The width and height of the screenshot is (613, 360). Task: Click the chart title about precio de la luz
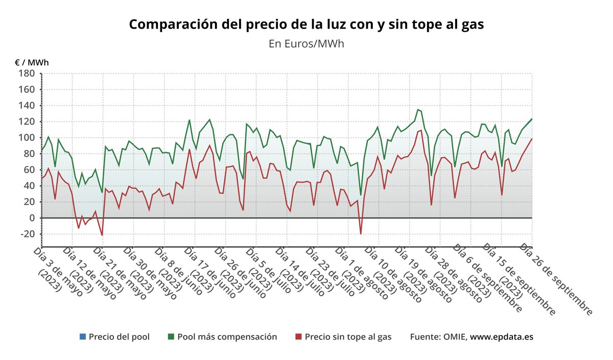click(306, 25)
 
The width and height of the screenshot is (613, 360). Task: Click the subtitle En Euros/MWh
click(306, 43)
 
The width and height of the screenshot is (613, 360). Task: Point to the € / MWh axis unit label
click(32, 62)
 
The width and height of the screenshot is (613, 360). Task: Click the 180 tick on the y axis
click(27, 74)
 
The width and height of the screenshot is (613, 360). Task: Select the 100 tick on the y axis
click(27, 138)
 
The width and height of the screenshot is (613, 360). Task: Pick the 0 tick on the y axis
click(31, 218)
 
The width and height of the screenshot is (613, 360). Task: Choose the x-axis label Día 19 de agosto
click(419, 273)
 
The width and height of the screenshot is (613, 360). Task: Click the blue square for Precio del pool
click(83, 337)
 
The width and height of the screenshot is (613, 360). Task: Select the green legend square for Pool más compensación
click(171, 337)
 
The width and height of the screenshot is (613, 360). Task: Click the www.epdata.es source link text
click(502, 337)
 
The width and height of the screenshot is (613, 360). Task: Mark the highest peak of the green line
click(418, 109)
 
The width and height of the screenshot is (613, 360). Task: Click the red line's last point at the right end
click(532, 139)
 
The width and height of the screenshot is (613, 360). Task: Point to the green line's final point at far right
click(532, 119)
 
